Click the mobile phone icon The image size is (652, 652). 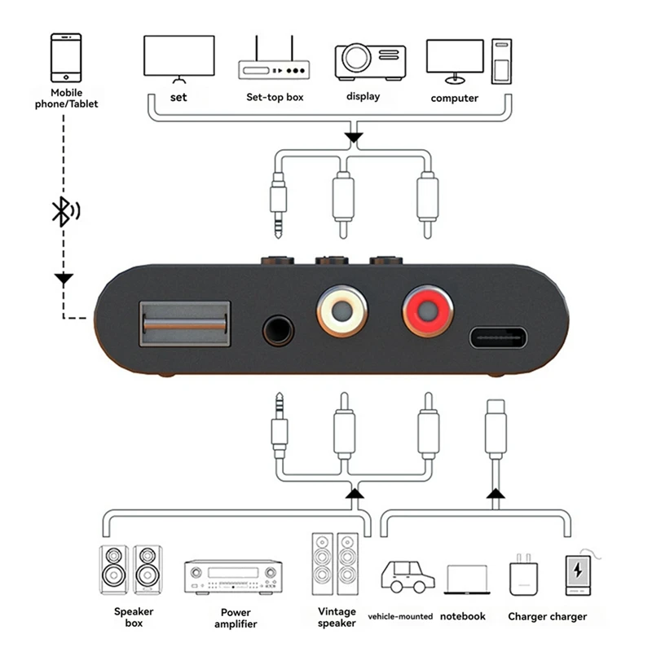tap(66, 58)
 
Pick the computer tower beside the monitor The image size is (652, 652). tap(501, 62)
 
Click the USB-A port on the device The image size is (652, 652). tap(185, 324)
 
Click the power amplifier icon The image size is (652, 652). tap(233, 576)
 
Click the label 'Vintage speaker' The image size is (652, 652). tap(337, 617)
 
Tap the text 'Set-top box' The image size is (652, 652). tap(275, 97)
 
